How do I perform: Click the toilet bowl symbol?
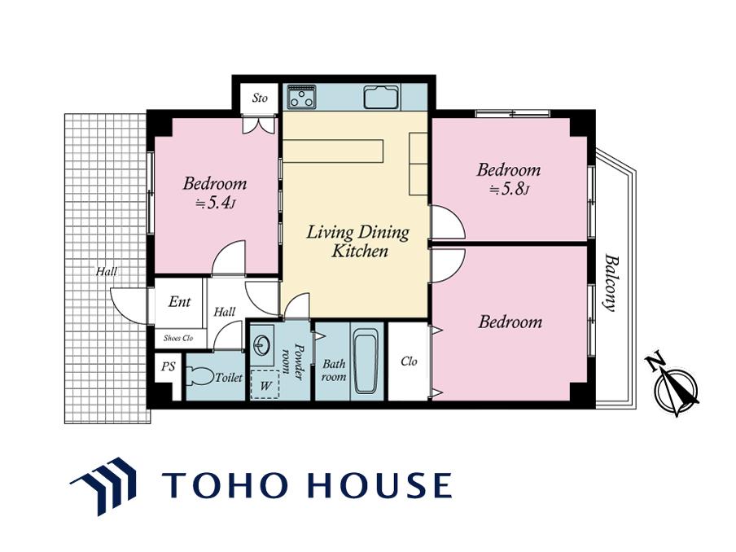(200, 376)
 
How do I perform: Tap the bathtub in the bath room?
(366, 361)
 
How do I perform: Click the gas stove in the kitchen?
(301, 96)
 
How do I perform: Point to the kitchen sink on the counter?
(382, 97)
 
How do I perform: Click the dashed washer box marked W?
(265, 385)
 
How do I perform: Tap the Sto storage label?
(260, 98)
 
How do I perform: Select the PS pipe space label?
(168, 366)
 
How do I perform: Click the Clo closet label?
(409, 361)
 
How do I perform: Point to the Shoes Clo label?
(178, 338)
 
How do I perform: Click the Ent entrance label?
(180, 301)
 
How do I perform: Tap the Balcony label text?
(610, 283)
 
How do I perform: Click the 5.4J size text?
(215, 203)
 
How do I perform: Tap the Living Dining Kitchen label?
(358, 241)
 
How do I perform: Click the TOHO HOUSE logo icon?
(103, 486)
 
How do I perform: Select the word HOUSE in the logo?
(382, 485)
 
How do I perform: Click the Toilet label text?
(229, 378)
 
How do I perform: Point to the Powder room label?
(293, 361)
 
